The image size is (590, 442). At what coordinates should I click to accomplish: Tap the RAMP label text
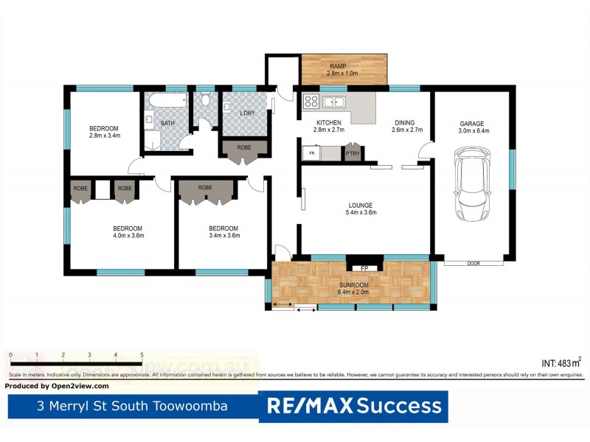click(338, 66)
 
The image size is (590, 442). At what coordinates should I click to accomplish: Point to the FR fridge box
click(313, 154)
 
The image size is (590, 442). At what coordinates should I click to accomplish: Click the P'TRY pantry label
click(353, 154)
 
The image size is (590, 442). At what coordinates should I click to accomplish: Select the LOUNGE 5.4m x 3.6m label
click(361, 206)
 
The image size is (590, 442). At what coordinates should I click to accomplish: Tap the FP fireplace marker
click(364, 268)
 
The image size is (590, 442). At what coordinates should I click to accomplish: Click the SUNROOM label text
click(353, 284)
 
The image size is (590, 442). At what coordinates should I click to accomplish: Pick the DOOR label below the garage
click(473, 263)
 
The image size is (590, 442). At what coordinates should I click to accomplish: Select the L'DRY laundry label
click(247, 112)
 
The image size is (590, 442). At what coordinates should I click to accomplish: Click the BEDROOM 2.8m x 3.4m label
click(104, 128)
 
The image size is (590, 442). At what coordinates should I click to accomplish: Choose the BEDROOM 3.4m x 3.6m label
click(223, 228)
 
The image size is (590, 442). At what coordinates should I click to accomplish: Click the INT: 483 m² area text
click(561, 362)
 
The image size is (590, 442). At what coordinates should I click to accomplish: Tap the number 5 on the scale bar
click(142, 355)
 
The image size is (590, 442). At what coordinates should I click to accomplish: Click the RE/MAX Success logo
click(353, 406)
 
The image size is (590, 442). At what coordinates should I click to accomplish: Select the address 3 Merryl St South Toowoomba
click(133, 406)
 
